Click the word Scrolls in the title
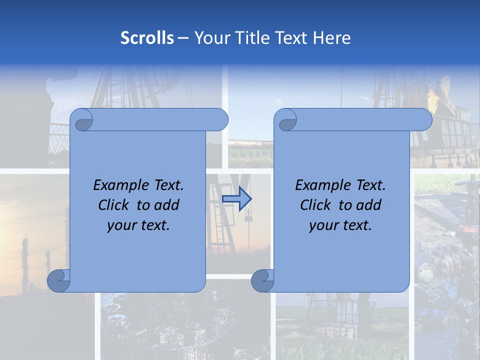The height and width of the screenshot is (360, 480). click(147, 38)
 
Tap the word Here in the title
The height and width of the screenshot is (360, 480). click(331, 38)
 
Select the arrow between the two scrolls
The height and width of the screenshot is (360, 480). click(236, 198)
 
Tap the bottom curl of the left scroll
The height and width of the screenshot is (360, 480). click(58, 280)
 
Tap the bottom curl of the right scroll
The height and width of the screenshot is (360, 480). click(262, 280)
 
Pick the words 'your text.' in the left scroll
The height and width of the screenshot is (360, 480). click(138, 225)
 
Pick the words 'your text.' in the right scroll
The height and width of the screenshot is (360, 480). click(340, 225)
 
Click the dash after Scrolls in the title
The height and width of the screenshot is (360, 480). click(183, 38)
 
